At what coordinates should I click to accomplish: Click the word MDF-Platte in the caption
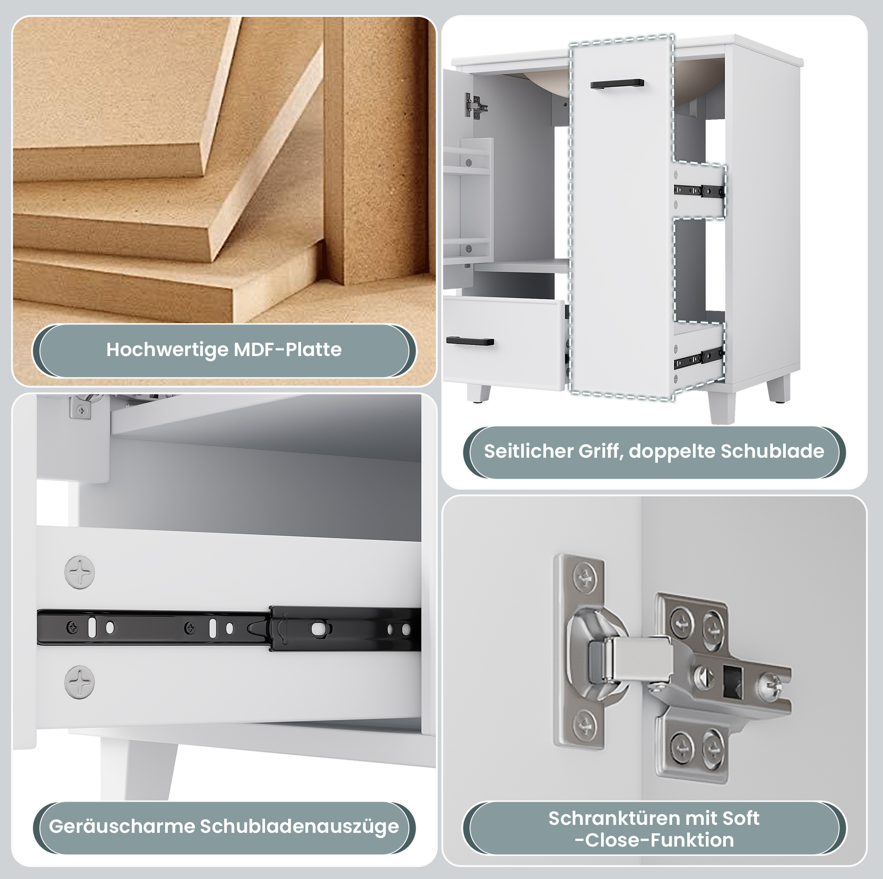[x=288, y=350]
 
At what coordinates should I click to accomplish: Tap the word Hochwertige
[x=167, y=350]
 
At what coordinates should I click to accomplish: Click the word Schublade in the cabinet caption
[x=772, y=451]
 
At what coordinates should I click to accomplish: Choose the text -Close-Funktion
[x=654, y=840]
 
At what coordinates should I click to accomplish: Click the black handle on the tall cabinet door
[x=617, y=84]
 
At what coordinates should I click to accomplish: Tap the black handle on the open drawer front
[x=470, y=341]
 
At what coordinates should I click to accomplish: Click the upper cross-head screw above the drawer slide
[x=79, y=572]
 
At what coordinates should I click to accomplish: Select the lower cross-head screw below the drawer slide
[x=79, y=682]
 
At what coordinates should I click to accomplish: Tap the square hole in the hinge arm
[x=733, y=681]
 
